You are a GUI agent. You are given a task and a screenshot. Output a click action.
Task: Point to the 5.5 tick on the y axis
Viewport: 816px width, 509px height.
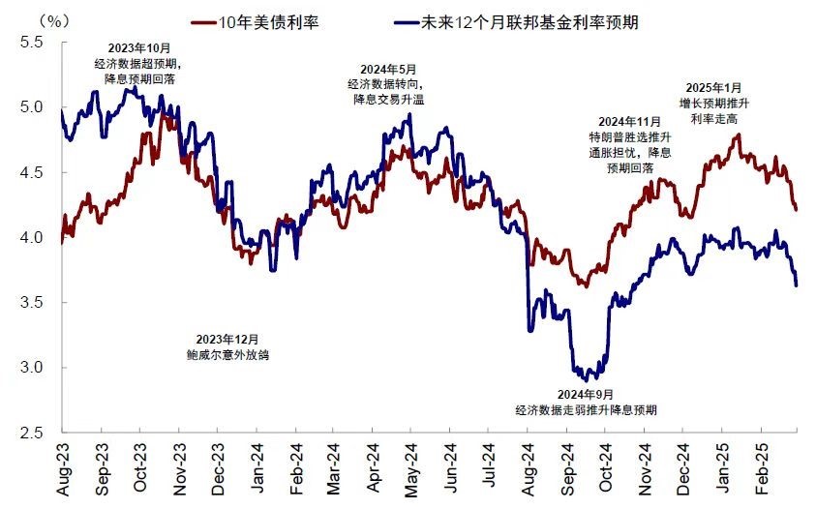32,42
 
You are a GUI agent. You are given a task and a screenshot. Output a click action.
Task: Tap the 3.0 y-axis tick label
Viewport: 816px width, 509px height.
32,368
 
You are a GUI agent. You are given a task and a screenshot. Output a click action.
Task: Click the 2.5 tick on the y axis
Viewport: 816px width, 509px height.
32,433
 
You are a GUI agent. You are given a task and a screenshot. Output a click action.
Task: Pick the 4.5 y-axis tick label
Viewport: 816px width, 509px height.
32,172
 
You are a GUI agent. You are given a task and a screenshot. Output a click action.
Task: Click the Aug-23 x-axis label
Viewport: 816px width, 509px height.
64,471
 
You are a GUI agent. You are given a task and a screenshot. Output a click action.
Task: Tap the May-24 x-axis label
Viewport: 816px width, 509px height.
411,471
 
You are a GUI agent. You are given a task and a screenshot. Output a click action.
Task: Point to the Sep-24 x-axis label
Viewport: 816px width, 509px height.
567,471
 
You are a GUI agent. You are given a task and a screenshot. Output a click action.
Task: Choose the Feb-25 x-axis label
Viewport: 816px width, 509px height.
760,471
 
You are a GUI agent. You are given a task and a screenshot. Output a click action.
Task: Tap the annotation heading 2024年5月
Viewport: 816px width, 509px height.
387,69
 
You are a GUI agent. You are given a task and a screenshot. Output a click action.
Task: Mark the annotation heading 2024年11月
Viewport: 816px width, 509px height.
629,121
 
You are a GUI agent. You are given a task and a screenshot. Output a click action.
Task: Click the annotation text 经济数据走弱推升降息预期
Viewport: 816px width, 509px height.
586,409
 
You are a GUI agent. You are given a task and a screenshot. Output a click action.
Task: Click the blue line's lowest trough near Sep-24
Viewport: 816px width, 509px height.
586,378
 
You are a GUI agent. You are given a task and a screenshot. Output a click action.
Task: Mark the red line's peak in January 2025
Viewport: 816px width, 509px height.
739,135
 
